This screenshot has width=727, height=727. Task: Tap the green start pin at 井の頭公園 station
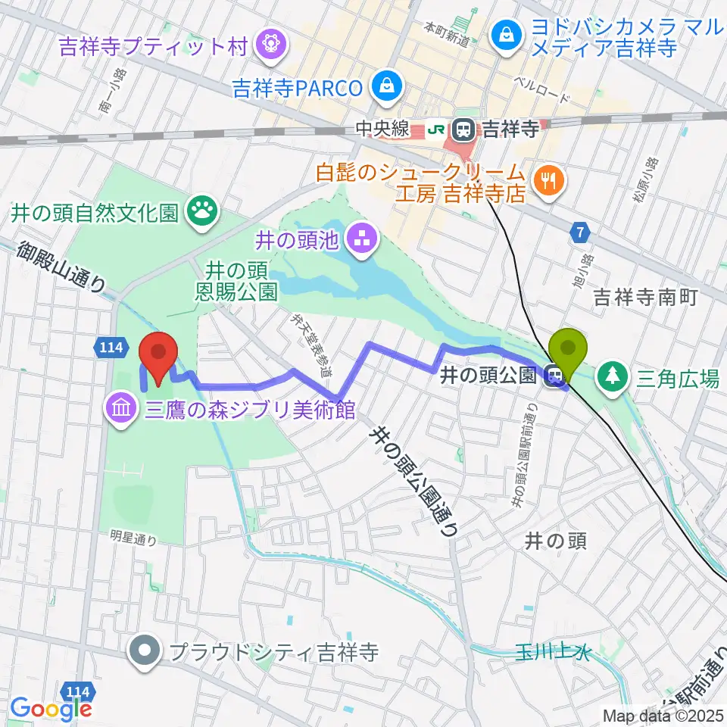coord(573,351)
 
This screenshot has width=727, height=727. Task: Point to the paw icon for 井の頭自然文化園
coord(203,211)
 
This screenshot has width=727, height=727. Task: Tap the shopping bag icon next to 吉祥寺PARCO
coord(387,86)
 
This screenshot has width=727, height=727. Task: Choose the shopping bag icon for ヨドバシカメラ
coord(504,33)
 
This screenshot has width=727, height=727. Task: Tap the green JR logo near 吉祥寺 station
coord(436,130)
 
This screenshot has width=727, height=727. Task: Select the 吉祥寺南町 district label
coord(644,296)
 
